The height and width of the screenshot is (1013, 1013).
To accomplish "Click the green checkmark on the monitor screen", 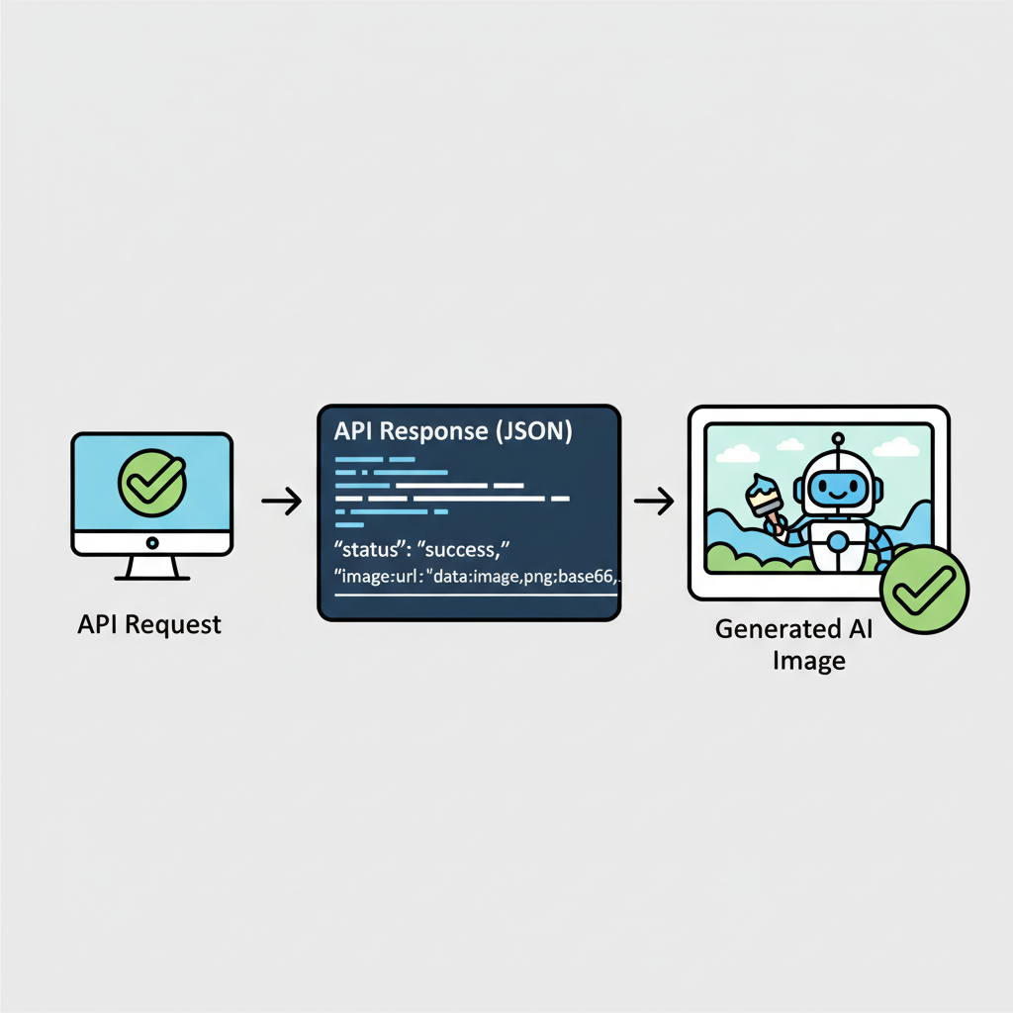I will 151,482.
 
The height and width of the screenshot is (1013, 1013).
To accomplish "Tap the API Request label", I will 149,625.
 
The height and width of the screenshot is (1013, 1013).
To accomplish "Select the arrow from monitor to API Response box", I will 281,502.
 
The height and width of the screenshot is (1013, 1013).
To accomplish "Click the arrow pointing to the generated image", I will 653,502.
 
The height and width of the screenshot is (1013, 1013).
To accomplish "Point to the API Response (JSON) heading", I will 451,432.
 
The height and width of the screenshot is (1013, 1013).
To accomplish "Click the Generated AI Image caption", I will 808,644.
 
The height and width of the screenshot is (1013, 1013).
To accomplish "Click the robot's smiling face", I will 837,487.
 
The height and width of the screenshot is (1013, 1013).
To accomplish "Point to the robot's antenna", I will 838,442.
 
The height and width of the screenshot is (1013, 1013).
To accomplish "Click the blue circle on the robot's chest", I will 837,541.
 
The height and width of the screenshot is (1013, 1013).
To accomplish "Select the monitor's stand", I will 151,569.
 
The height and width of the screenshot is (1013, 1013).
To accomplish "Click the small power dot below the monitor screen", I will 151,542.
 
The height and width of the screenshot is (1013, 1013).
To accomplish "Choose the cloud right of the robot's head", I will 895,446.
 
